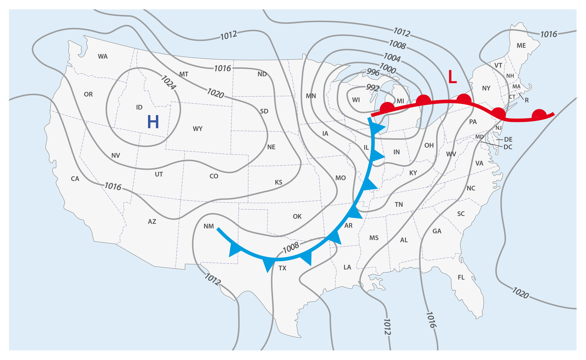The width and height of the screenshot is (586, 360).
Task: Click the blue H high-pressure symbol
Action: [x=153, y=122]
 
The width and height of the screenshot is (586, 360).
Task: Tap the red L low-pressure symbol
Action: [x=452, y=77]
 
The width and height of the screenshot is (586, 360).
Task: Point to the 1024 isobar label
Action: [x=168, y=82]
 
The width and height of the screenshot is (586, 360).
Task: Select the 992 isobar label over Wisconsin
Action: [x=372, y=88]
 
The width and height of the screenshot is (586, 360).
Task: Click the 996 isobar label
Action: [x=373, y=72]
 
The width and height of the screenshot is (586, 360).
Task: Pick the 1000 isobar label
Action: [x=387, y=68]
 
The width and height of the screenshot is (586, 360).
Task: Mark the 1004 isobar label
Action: [x=392, y=57]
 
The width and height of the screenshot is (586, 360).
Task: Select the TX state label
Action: [x=283, y=268]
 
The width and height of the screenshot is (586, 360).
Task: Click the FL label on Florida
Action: [x=461, y=277]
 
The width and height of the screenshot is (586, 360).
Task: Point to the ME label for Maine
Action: [x=521, y=46]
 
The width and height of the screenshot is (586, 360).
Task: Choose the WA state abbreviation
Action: [x=103, y=56]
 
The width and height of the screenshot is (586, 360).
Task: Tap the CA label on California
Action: [x=75, y=179]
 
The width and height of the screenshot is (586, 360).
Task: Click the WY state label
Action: [x=198, y=129]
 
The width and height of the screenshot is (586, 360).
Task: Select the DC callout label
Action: [x=508, y=147]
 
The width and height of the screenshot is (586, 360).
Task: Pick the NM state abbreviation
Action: [x=209, y=226]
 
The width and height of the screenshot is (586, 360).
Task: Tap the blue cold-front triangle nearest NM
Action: [x=234, y=249]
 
